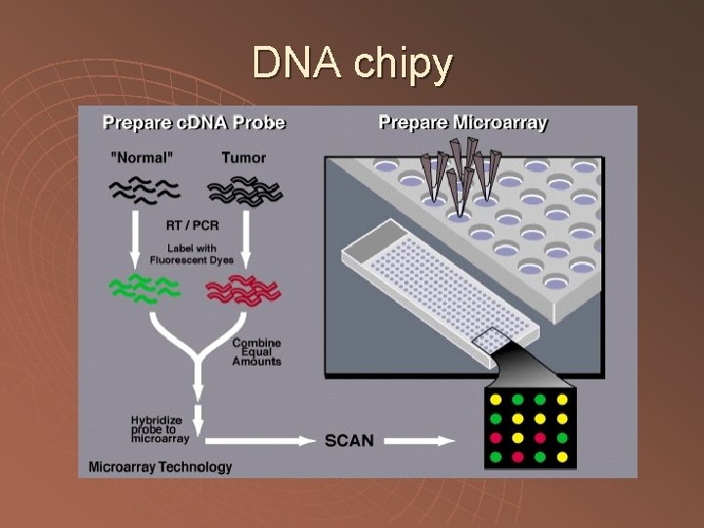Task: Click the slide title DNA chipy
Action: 352,64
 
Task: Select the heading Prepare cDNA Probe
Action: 194,123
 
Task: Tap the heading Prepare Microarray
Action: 462,123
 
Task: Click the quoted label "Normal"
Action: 144,157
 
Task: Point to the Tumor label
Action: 243,157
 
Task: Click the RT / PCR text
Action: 194,226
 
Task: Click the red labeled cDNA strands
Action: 243,290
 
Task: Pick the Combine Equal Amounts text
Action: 256,352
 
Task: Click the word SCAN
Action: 349,440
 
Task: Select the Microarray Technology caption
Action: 160,466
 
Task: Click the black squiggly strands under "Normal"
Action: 144,190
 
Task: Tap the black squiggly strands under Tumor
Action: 243,190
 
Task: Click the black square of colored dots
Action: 529,428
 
